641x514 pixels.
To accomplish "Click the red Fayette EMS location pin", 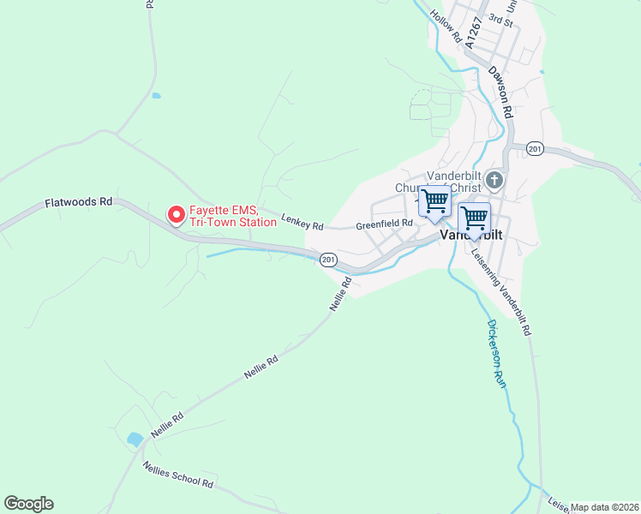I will [177, 214].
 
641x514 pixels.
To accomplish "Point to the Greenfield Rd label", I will [385, 223].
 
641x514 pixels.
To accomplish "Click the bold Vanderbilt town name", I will [470, 234].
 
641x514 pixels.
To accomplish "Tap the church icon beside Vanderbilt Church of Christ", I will [494, 181].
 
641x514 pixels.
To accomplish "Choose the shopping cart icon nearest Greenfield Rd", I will [434, 201].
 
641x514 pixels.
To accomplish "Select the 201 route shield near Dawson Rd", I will [535, 149].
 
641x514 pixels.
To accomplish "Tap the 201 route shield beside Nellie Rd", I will [328, 259].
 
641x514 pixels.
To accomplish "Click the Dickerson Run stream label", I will [497, 354].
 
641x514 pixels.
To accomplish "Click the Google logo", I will [28, 504].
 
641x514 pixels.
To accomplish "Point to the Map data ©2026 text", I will [604, 507].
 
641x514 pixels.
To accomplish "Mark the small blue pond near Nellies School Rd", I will [135, 439].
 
